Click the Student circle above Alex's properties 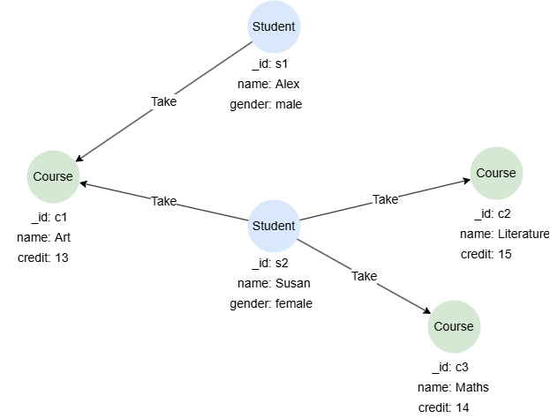[274, 26]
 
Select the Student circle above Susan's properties [274, 226]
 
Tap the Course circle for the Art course [53, 177]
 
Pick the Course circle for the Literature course [495, 173]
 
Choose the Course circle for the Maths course [454, 326]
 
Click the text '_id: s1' [273, 64]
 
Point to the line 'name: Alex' [274, 85]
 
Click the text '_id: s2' [273, 264]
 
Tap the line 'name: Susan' [274, 284]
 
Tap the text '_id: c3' [454, 367]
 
